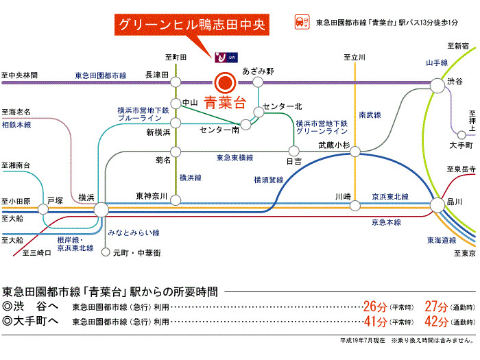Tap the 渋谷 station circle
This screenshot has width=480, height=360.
click(x=437, y=84)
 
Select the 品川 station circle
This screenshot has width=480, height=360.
click(x=437, y=204)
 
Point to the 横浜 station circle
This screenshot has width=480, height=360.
click(x=101, y=210)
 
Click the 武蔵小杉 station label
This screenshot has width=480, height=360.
click(x=335, y=145)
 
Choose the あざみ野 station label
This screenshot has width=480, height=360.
click(x=259, y=71)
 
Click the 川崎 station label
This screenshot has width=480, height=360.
click(x=343, y=196)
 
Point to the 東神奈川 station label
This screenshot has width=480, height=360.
click(x=152, y=196)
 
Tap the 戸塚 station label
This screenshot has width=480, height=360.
click(x=54, y=202)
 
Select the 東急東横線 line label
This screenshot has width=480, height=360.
click(x=235, y=158)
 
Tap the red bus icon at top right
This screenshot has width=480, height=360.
click(x=300, y=22)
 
